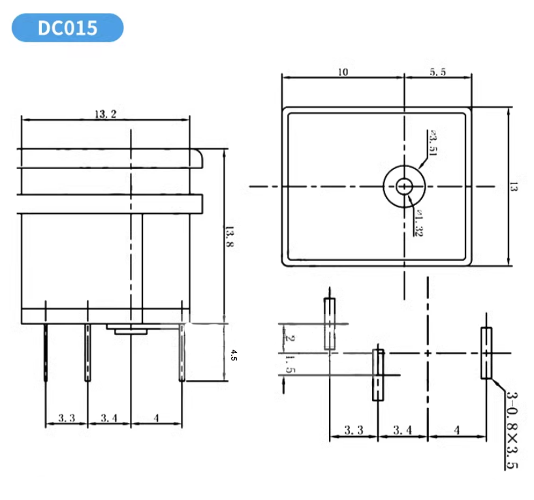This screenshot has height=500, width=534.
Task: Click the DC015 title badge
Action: coord(67,27)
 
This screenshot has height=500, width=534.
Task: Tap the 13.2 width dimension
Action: coord(105,114)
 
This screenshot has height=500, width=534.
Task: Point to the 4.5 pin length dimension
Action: coord(233,355)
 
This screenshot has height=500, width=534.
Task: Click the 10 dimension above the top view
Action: coord(343,72)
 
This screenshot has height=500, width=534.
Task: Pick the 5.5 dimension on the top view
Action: coord(437,72)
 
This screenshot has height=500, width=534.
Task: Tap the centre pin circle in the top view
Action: coord(404,186)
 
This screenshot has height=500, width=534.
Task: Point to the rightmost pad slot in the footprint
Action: coord(486,353)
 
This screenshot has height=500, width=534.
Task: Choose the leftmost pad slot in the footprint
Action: coord(330,323)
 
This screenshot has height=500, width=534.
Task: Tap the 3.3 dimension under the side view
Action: coord(66,416)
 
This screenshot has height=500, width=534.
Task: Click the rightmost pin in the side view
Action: coord(182,353)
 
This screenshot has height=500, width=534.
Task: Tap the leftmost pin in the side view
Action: coord(46,352)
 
